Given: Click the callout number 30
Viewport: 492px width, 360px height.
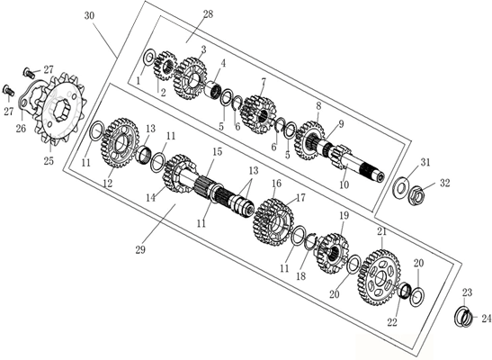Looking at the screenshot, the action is click(89, 16).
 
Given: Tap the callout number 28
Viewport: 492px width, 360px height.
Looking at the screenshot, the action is click(208, 14).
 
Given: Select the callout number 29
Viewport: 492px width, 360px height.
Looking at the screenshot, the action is click(140, 250).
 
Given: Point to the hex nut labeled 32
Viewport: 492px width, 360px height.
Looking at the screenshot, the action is click(416, 195).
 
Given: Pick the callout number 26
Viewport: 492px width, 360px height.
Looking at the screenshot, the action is click(21, 129).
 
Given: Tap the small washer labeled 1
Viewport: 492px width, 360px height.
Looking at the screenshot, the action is click(148, 57).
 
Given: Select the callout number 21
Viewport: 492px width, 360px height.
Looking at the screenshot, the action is click(382, 232).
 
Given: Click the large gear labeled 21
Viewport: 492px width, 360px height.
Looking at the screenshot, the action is click(379, 277).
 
